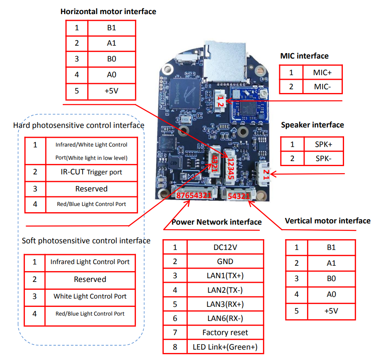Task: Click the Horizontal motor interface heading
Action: point(108,12)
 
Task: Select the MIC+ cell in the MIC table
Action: point(322,73)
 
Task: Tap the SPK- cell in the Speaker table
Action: point(323,159)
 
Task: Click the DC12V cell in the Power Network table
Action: point(225,247)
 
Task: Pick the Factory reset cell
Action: point(225,332)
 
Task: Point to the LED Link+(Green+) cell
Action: point(225,347)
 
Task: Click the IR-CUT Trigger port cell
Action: point(91,172)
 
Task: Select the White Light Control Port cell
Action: point(90,296)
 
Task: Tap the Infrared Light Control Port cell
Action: point(90,262)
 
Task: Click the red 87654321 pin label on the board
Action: point(194,195)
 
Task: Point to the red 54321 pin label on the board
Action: point(239,196)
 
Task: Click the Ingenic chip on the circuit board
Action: point(186,93)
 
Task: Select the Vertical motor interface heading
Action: point(328,221)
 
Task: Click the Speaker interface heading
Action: point(312,125)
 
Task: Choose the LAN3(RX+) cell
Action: point(225,304)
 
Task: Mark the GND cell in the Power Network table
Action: point(225,261)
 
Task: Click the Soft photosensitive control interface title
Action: point(86,241)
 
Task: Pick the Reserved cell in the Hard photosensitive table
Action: point(91,189)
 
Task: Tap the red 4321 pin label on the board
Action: point(215,164)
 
